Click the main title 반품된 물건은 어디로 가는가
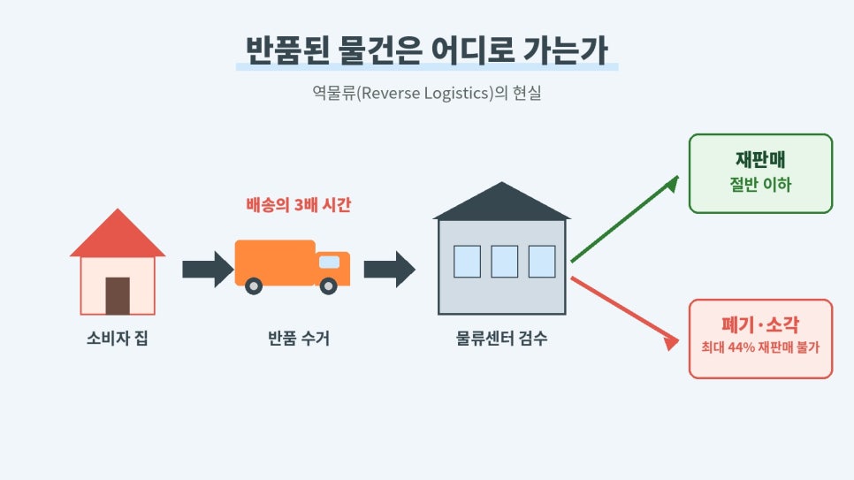[426, 50]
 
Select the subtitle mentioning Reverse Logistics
[426, 93]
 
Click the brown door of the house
[118, 296]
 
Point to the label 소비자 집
[117, 339]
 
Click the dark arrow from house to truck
[208, 269]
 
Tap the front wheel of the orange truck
[328, 286]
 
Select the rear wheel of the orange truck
[253, 286]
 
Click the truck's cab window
[329, 262]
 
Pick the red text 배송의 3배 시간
[299, 205]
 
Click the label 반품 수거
[299, 339]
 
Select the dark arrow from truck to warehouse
[389, 269]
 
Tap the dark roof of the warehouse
[501, 202]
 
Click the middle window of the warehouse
[504, 262]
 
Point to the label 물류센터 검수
[501, 339]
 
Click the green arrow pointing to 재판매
[625, 219]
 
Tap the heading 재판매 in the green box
[760, 160]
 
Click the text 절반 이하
[760, 185]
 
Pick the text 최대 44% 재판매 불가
[760, 347]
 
